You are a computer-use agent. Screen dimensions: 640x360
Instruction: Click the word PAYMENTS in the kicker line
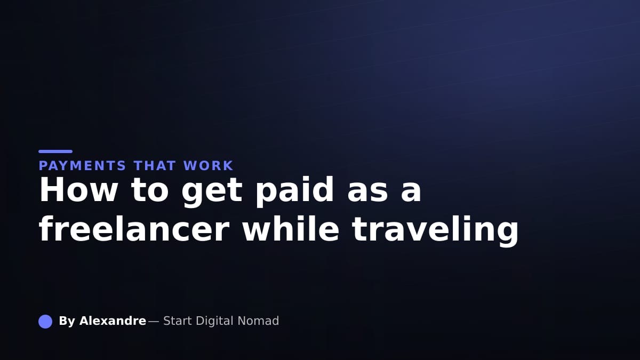point(82,166)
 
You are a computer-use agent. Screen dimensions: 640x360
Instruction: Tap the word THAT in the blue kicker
point(155,166)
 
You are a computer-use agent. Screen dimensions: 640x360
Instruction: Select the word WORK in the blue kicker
point(209,166)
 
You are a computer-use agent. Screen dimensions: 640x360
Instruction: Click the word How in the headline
point(78,190)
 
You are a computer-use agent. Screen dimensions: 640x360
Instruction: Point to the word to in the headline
point(150,190)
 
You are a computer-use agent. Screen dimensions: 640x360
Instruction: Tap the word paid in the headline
point(294,191)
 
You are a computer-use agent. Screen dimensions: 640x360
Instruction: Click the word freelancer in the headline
point(134,229)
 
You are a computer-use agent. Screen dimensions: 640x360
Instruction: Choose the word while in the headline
point(291,229)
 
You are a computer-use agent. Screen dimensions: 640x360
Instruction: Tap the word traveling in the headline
point(435,231)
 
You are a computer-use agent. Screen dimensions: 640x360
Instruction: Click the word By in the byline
point(67,321)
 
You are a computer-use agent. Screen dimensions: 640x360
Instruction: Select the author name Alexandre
point(113,321)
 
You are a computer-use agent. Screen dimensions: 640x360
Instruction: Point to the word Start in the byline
point(178,321)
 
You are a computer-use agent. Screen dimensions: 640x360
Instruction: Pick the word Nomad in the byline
point(258,321)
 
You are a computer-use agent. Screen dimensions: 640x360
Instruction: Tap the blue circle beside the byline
point(45,322)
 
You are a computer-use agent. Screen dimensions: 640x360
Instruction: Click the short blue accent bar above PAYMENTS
point(55,151)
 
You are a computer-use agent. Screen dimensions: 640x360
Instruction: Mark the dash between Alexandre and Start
point(154,322)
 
